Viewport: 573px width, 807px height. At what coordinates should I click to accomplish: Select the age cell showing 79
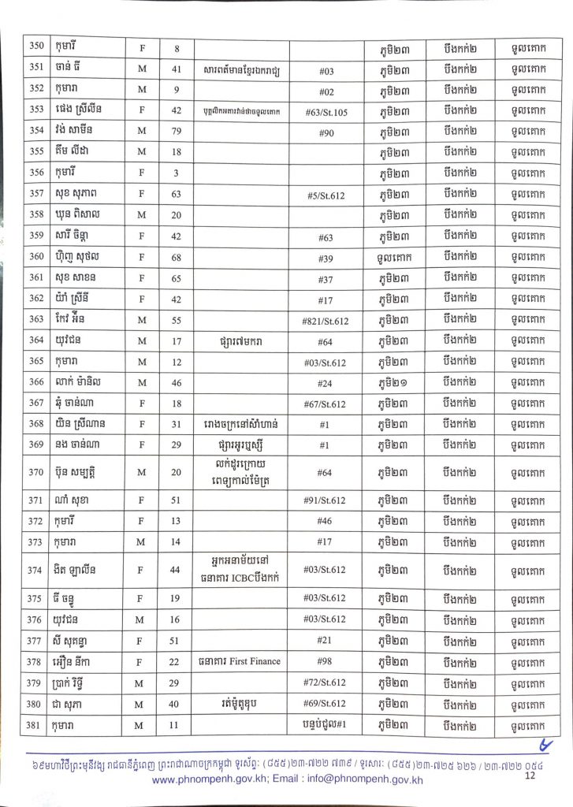pyautogui.click(x=177, y=130)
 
